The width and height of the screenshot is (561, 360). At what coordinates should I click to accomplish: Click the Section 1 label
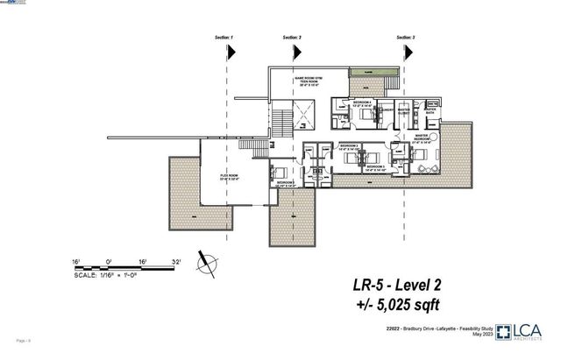[x=224, y=39]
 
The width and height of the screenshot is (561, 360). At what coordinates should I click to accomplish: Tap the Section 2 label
[x=293, y=39]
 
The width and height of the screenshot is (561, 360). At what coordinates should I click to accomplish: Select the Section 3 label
[x=406, y=39]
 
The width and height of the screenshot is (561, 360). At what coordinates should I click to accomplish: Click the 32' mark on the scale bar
[x=175, y=260]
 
